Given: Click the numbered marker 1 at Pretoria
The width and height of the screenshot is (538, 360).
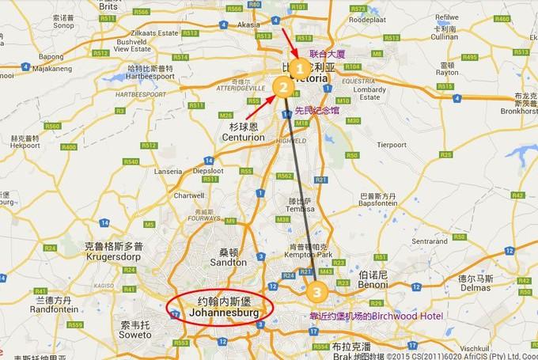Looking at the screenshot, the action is (x=300, y=68).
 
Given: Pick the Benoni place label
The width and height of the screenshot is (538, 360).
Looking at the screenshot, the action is (x=372, y=285).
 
